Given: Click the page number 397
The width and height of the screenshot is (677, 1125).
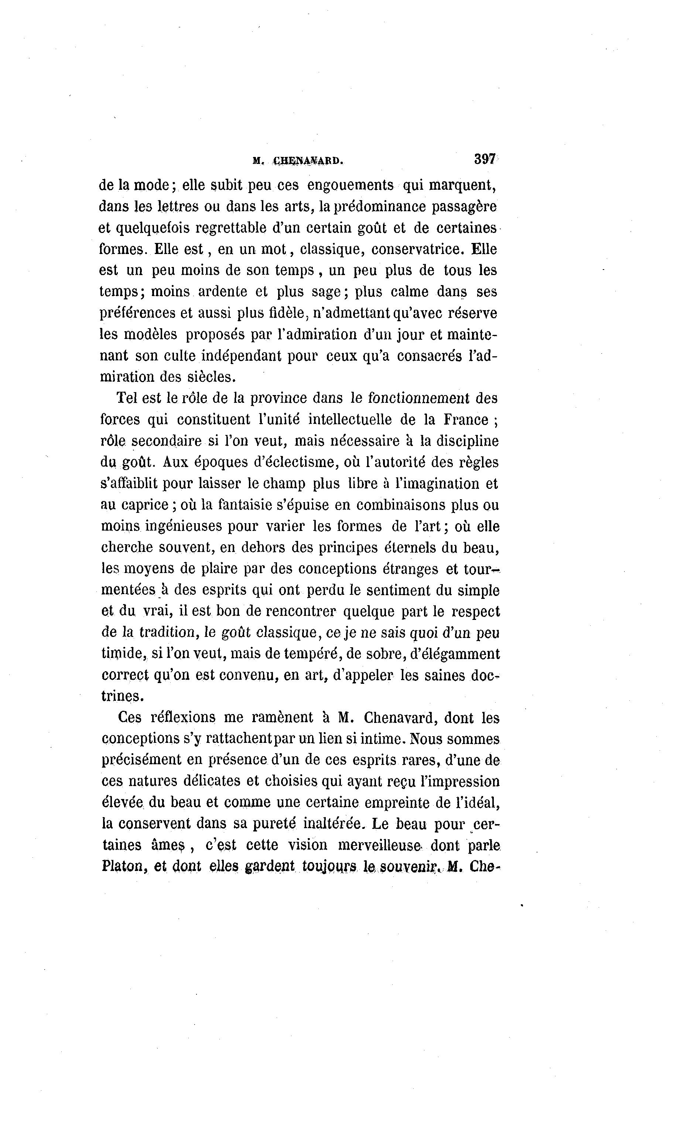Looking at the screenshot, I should click(x=485, y=159).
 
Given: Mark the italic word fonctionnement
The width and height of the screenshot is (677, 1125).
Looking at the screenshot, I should click(x=418, y=398).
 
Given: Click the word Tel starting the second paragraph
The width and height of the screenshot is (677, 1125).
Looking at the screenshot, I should click(x=127, y=398).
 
